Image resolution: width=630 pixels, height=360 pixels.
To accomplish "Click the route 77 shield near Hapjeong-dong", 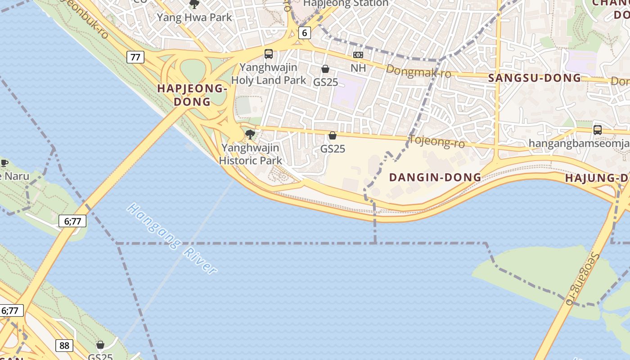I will [135, 57].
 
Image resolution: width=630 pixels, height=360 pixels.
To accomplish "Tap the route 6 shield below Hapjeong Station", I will [305, 32].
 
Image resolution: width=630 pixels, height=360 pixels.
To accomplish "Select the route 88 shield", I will [64, 345].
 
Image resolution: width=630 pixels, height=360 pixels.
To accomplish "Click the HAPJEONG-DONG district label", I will [191, 95].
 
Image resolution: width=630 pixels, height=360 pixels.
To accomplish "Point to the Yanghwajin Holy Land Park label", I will [269, 74].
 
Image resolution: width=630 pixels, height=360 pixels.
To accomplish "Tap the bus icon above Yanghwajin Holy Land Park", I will [269, 54].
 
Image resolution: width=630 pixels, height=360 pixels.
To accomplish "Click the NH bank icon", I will [358, 55].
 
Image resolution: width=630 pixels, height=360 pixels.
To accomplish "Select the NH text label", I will [358, 68].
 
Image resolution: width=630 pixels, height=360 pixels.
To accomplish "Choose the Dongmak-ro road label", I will [418, 71].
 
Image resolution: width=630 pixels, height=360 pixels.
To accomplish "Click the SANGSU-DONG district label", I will [535, 78].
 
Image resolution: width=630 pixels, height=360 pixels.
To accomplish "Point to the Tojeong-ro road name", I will [436, 141].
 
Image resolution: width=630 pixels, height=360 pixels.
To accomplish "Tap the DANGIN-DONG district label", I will [435, 177].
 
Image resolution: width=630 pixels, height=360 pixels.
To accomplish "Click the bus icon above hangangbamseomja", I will [597, 130].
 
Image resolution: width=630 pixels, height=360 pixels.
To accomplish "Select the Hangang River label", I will [172, 238].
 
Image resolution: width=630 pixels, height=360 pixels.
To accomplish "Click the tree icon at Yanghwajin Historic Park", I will [250, 134].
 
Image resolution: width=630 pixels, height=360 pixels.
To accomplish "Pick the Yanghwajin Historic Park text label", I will [250, 154].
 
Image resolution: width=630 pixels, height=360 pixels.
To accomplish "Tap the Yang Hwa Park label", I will [194, 18].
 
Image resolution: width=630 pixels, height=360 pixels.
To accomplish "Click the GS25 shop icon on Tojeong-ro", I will [333, 135].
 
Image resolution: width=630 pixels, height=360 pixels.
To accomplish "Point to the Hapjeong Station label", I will [346, 3].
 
